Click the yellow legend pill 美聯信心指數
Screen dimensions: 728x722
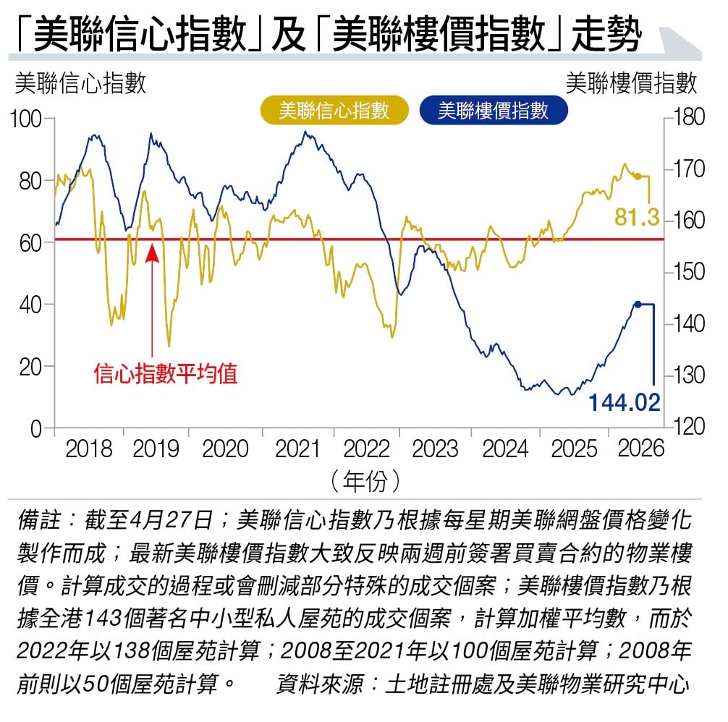click(x=334, y=111)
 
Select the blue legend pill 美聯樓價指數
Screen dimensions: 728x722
click(x=493, y=111)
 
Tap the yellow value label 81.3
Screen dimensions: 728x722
click(x=637, y=217)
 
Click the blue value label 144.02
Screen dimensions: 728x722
click(x=624, y=402)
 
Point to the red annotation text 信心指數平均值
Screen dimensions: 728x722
click(x=166, y=373)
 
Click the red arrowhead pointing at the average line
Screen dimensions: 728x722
click(x=152, y=253)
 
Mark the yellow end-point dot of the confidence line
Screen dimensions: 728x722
click(x=638, y=177)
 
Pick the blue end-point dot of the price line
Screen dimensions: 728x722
click(x=638, y=305)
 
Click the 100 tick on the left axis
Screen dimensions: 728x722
click(x=26, y=119)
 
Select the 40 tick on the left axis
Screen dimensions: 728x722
click(x=30, y=305)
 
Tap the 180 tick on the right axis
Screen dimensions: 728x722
click(x=689, y=117)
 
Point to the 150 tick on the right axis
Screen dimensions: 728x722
click(x=689, y=272)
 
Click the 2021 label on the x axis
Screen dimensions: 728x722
click(x=297, y=449)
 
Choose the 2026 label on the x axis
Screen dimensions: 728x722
click(x=641, y=449)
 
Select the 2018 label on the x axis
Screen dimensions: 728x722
click(x=89, y=449)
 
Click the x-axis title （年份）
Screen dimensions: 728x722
click(x=365, y=480)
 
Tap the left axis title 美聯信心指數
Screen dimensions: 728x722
click(x=80, y=83)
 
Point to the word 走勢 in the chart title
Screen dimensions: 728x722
click(x=607, y=35)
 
